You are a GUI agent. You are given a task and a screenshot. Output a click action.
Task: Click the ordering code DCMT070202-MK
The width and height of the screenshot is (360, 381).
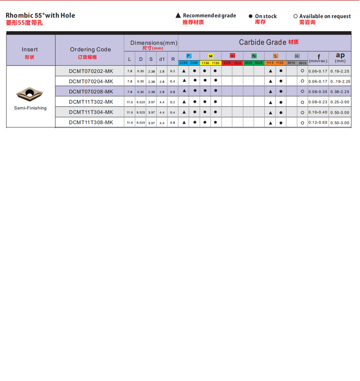coord(91,71)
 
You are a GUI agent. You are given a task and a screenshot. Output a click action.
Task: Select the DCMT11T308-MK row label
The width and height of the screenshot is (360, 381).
coord(91,122)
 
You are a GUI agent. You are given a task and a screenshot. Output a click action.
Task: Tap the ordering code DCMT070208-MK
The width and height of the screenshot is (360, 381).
coord(91,92)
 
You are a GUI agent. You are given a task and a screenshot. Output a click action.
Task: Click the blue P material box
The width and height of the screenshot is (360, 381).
coord(189,56)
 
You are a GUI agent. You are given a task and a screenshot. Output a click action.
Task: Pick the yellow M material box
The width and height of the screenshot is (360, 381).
coord(210,56)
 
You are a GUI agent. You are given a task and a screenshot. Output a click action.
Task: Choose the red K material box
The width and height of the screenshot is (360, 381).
coord(232,56)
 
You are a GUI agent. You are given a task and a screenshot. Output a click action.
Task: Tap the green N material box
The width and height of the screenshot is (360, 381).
coord(254,56)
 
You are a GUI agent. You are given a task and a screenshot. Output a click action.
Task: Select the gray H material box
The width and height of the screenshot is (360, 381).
coord(297,56)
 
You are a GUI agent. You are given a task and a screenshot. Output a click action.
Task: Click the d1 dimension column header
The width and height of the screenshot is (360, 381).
coord(162,60)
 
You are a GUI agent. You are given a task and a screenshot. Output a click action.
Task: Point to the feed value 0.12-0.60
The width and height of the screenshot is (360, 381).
coord(318,123)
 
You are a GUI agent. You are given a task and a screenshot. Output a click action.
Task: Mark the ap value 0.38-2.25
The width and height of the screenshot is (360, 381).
coord(340,92)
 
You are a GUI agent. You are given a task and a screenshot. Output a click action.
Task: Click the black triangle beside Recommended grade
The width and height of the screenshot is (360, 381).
coord(178,16)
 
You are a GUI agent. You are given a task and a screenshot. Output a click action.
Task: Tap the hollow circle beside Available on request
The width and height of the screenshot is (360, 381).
coord(295,16)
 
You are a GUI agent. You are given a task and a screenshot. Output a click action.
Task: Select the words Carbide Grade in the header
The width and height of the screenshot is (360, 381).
coord(262,42)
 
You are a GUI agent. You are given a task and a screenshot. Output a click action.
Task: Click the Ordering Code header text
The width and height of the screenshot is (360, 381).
coord(90,49)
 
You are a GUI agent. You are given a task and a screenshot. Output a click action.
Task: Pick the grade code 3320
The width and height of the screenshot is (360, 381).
coord(227,63)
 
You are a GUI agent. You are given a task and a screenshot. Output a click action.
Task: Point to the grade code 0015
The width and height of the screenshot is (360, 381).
coord(302,63)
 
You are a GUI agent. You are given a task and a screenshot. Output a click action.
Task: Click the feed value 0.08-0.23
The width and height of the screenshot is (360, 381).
coord(318,102)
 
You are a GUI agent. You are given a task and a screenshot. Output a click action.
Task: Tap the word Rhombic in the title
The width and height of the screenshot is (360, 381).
coord(17,15)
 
